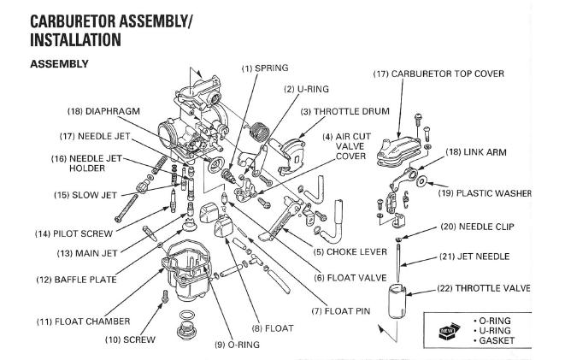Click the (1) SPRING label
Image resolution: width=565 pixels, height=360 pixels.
tap(265, 67)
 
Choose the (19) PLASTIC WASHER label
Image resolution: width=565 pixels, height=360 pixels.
tap(487, 193)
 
